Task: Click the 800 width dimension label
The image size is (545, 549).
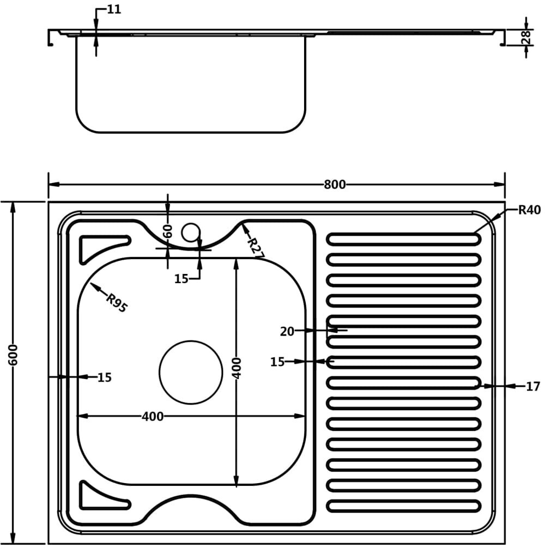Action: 335,185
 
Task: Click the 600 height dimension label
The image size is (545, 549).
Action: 13,355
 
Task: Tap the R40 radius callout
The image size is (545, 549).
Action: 529,210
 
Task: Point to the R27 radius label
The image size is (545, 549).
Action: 256,248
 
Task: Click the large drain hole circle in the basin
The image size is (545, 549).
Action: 191,372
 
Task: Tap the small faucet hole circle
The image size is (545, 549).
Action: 191,233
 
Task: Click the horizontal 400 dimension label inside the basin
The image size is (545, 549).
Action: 153,416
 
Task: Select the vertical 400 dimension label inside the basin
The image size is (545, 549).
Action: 237,368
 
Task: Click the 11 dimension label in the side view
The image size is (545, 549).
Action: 114,9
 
